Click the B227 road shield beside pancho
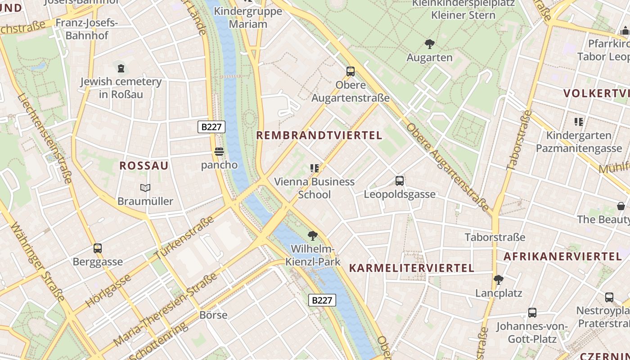pos(211,127)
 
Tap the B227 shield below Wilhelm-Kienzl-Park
pos(323,300)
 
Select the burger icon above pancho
pos(219,152)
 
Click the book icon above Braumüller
pos(145,188)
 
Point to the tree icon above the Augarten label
pos(429,44)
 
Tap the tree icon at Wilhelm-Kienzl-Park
pos(312,235)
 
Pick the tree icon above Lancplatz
pos(498,280)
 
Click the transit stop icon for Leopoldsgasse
pos(399,181)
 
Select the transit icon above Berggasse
pos(98,248)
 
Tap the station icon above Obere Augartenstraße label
pos(351,71)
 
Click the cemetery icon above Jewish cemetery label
pos(121,68)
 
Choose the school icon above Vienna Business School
pos(314,168)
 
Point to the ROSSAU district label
pos(144,166)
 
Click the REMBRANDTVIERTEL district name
pos(319,135)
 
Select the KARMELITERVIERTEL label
pos(411,268)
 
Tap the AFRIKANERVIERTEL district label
pos(562,256)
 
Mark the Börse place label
pos(214,315)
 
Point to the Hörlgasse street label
pos(108,290)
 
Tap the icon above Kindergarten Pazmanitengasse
pos(578,121)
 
